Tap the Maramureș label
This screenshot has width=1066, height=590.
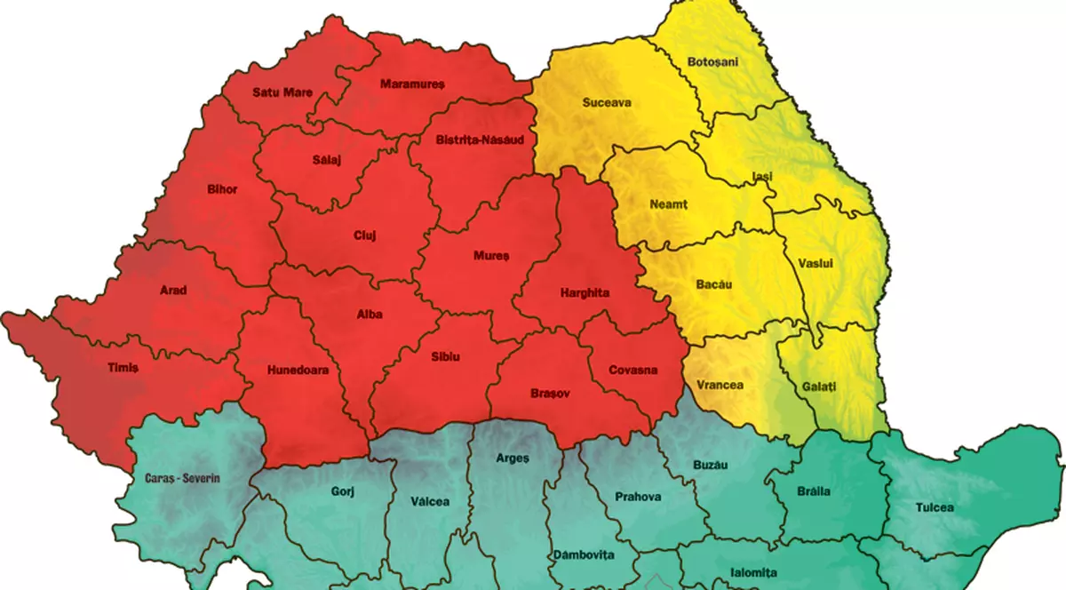pyautogui.click(x=410, y=84)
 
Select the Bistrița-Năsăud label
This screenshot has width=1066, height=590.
pyautogui.click(x=480, y=140)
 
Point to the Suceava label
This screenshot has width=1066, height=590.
pyautogui.click(x=607, y=102)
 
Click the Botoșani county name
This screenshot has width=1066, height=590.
pyautogui.click(x=712, y=61)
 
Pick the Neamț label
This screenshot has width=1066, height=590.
pyautogui.click(x=669, y=203)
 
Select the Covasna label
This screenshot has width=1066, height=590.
pyautogui.click(x=633, y=370)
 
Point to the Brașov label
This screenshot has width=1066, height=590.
pyautogui.click(x=549, y=392)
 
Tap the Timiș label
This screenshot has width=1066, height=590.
pyautogui.click(x=123, y=366)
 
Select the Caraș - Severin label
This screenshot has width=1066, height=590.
pyautogui.click(x=181, y=477)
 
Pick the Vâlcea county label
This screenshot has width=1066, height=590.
pyautogui.click(x=430, y=500)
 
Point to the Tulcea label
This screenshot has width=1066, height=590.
pyautogui.click(x=935, y=507)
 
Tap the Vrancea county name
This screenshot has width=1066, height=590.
pyautogui.click(x=720, y=385)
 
